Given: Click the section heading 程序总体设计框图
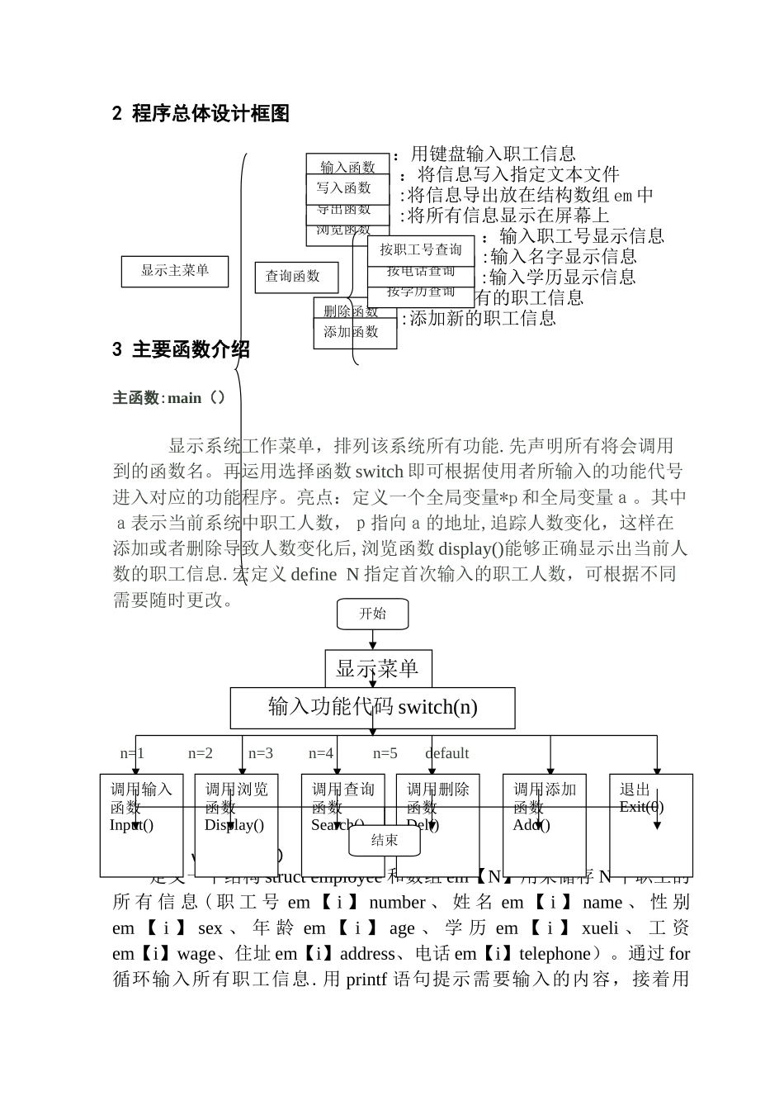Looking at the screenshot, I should pos(210,114).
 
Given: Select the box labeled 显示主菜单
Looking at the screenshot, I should pos(174,271).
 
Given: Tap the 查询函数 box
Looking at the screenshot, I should pos(295,277).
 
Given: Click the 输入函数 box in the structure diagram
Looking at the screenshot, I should pos(347,164).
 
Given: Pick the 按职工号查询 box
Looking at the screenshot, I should pos(421,249).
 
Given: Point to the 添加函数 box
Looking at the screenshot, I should pos(353,333).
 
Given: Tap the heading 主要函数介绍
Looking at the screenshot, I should pos(190,350).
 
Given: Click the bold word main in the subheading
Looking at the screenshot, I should pos(185,398).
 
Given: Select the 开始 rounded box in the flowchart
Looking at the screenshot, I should pos(372,614).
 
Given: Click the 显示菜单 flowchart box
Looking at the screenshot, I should pos(377,668).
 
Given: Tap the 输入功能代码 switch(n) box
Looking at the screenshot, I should pos(372,707).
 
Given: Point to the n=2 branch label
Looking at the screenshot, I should pos(201,753).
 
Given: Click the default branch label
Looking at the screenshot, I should pos(446,753).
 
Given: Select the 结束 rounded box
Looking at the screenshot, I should pos(384,840).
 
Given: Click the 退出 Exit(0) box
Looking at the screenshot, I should pos(650,824).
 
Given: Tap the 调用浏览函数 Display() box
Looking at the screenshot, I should pos(236,824).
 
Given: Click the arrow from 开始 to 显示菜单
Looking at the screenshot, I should pos(372,639).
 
